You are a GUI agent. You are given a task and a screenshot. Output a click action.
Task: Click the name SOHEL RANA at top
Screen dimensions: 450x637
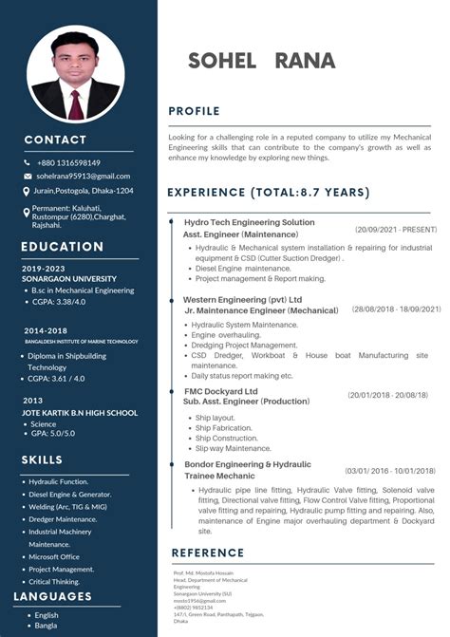[261, 61]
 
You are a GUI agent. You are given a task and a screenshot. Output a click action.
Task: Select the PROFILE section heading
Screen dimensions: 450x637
[194, 111]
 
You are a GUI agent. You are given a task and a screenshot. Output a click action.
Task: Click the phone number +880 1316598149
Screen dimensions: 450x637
[68, 162]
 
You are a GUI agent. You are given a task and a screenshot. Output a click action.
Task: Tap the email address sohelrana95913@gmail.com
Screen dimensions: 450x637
[83, 176]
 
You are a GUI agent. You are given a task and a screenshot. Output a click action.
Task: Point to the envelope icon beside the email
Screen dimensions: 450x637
[27, 177]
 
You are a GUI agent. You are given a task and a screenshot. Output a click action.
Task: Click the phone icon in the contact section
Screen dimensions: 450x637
[27, 162]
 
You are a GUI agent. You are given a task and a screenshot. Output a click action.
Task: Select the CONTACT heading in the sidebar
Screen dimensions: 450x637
[55, 140]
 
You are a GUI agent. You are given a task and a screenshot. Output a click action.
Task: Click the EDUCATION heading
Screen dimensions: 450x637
[62, 247]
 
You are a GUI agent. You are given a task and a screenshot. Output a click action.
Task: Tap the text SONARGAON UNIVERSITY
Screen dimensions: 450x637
[63, 279]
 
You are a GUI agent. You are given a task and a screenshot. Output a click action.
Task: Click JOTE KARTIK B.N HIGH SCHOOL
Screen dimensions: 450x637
[80, 413]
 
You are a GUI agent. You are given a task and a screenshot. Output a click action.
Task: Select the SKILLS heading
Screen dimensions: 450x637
[42, 460]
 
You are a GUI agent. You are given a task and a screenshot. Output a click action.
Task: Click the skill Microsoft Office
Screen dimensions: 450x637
[60, 556]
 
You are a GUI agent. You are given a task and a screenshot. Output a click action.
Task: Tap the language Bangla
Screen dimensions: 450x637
[46, 627]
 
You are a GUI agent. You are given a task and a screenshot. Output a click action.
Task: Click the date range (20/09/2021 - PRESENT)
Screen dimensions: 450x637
[396, 230]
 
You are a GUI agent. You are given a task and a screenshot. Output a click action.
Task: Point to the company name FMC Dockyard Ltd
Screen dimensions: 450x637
[220, 391]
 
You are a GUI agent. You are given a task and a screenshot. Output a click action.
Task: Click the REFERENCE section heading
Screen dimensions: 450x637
[208, 553]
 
